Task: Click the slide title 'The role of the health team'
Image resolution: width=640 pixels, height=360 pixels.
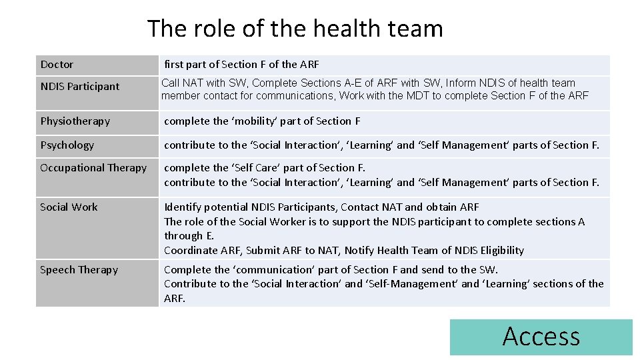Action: [x=295, y=29]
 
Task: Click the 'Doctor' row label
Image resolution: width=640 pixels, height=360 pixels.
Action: [x=57, y=65]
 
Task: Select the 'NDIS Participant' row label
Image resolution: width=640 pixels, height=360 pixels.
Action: [x=79, y=87]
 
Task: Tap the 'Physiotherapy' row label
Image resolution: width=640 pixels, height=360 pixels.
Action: [x=75, y=121]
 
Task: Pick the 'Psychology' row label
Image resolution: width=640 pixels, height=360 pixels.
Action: [x=67, y=145]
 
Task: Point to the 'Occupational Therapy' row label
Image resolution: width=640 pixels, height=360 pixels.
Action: [x=93, y=168]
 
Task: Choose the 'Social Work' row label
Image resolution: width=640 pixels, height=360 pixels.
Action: [x=69, y=207]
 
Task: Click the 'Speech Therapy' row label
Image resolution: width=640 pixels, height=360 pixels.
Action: [x=79, y=270]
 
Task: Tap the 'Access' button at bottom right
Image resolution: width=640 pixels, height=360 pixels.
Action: [x=541, y=337]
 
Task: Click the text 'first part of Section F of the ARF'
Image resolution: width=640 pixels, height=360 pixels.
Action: [x=241, y=65]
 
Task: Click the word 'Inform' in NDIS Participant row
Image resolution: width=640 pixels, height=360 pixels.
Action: [x=461, y=83]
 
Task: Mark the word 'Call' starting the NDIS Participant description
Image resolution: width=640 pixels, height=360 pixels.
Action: [x=171, y=83]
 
